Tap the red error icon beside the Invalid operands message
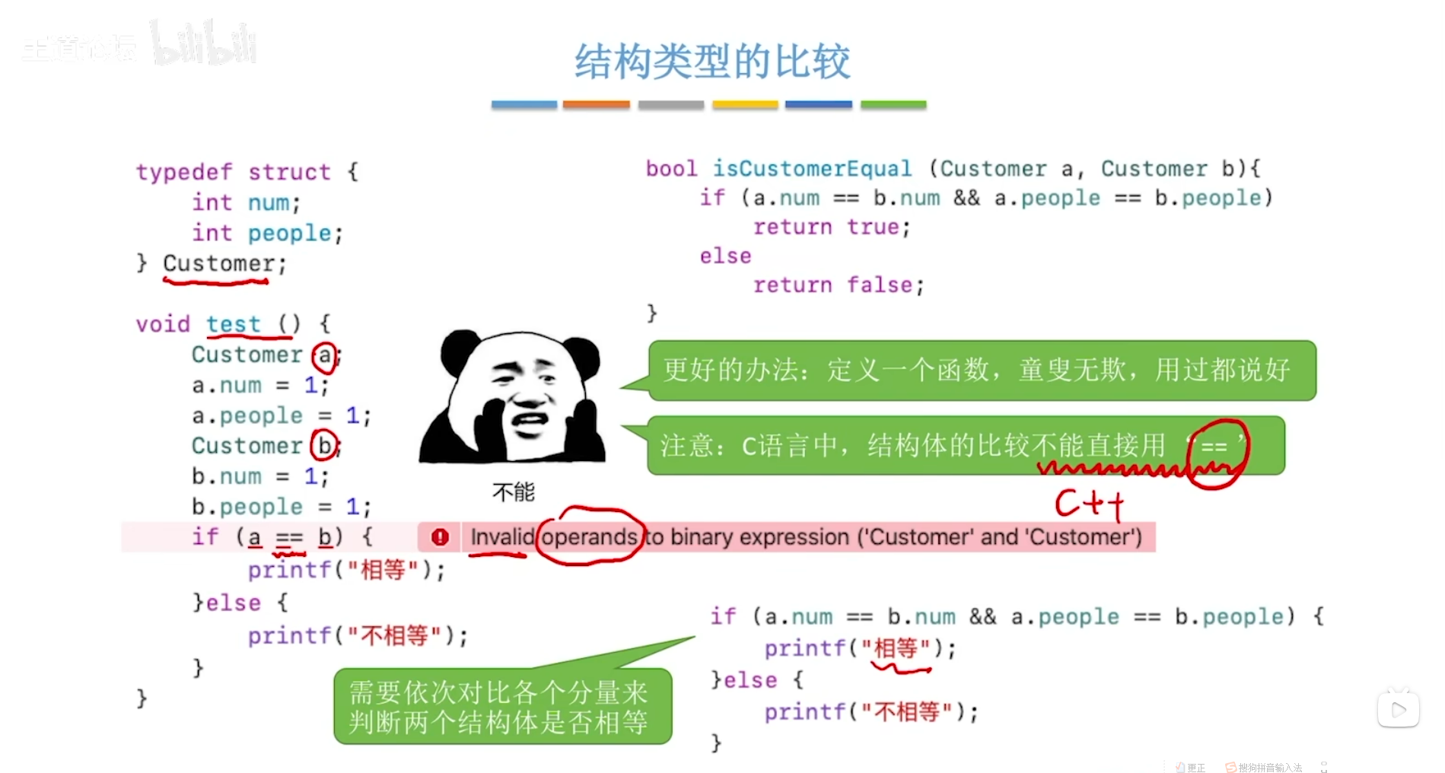point(440,537)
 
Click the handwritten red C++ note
point(1089,504)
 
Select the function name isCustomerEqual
point(811,168)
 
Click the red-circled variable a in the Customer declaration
point(325,355)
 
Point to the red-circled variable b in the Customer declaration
point(325,446)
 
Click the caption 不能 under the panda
point(514,492)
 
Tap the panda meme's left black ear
point(461,351)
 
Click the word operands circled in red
point(590,537)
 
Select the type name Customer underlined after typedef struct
point(218,264)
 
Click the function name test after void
point(233,324)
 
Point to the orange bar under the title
point(596,104)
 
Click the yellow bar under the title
point(745,104)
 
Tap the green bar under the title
point(893,104)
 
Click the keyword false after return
point(879,285)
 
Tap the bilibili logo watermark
point(204,46)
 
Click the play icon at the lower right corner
point(1399,710)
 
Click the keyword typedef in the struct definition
point(184,172)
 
